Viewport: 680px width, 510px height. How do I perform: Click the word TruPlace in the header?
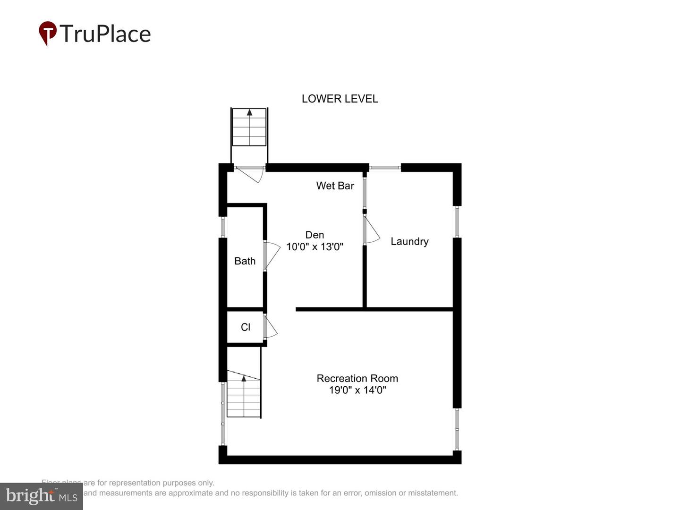(105, 34)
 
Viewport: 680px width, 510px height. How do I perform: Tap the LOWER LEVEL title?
(340, 99)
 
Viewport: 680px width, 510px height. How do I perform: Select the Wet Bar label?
(335, 186)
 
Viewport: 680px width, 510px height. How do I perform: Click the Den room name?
(314, 235)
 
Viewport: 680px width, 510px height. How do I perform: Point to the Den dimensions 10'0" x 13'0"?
(314, 246)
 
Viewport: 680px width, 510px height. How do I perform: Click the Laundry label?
(409, 241)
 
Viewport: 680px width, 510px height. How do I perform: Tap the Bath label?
(245, 261)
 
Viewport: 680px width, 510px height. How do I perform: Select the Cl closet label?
(246, 327)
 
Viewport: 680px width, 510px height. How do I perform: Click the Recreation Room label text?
(357, 378)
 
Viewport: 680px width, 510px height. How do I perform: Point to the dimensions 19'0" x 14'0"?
(357, 390)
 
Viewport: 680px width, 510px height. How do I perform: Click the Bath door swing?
(272, 255)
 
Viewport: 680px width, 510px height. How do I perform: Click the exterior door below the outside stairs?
(250, 173)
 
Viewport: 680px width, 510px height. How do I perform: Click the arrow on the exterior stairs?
(249, 112)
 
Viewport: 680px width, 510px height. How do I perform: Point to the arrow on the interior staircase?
(244, 378)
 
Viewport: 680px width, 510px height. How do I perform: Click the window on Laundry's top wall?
(385, 167)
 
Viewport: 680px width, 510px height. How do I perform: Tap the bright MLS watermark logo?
(42, 496)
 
